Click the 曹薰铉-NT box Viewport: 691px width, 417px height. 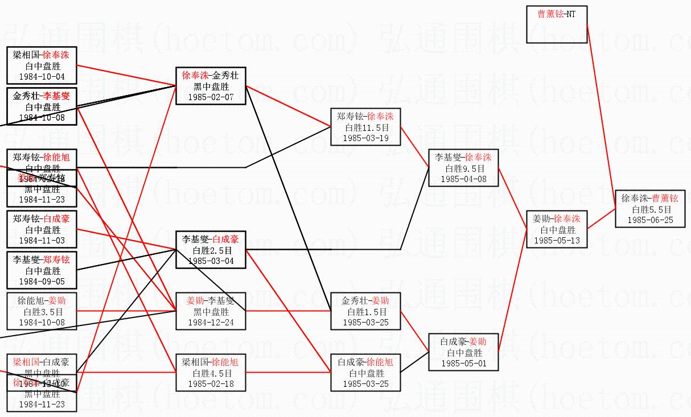[x=556, y=24]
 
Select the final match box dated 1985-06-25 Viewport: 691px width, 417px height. [x=649, y=209]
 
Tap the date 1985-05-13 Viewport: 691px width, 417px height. [x=556, y=241]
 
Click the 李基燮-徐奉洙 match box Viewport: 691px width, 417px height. [x=463, y=168]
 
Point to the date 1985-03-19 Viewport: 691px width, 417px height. [x=365, y=138]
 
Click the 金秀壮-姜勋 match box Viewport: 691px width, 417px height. [x=365, y=311]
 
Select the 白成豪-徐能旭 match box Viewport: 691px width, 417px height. [x=365, y=373]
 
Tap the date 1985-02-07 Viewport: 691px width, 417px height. [x=211, y=97]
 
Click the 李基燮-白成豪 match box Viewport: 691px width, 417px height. [x=211, y=250]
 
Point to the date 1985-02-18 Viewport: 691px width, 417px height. [x=211, y=384]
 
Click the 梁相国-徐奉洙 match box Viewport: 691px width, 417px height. [x=42, y=65]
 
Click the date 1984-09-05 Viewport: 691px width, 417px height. [x=42, y=281]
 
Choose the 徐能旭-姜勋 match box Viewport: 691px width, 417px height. [x=42, y=311]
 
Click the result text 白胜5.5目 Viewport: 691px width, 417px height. [x=649, y=209]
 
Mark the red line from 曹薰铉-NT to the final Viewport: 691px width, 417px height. [x=600, y=114]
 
